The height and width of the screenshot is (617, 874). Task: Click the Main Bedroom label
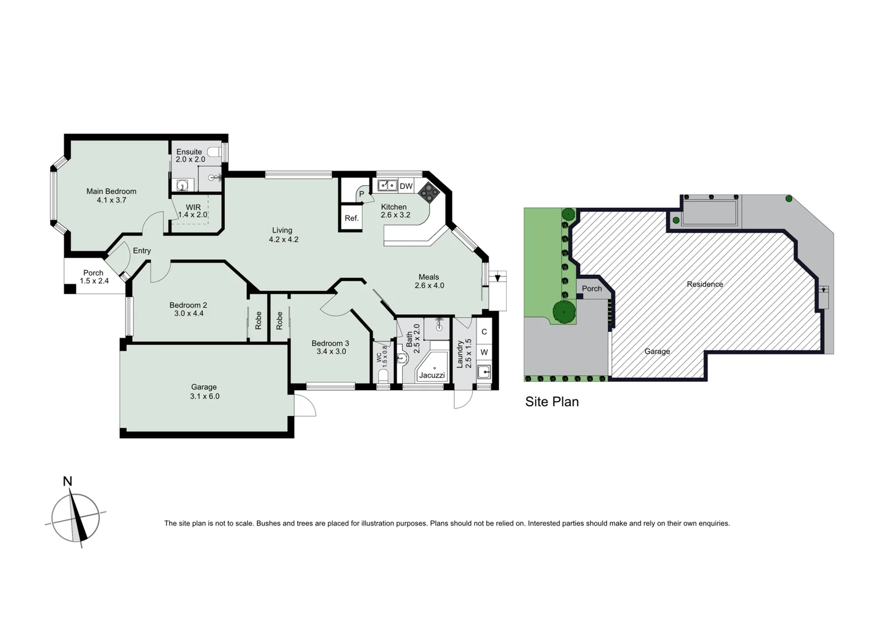point(111,191)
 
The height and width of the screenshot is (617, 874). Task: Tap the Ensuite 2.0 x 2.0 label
point(190,155)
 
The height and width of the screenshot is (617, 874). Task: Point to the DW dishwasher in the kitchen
point(406,186)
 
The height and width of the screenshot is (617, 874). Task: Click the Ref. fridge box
point(351,218)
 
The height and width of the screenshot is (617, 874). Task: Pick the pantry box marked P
point(361,194)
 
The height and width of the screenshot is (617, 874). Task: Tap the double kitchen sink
point(387,186)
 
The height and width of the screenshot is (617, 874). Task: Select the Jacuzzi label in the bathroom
point(432,375)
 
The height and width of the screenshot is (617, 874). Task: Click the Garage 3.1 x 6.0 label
point(204,391)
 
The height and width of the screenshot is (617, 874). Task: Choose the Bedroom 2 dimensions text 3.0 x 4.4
point(189,313)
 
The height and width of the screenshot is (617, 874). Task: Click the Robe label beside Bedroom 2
point(259,320)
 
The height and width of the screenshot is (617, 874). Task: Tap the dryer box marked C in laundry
point(484,332)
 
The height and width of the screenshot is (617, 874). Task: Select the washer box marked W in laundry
point(484,352)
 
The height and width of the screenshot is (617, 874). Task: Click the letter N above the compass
point(67,481)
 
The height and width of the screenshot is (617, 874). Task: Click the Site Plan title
point(552,402)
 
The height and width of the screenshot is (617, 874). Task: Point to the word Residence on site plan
point(705,284)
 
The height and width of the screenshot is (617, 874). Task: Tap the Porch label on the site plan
point(591,289)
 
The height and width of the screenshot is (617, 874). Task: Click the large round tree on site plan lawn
point(564,312)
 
